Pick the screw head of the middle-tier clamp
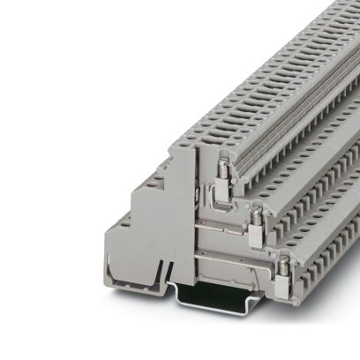click(255, 212)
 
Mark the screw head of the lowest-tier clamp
click(284, 261)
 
